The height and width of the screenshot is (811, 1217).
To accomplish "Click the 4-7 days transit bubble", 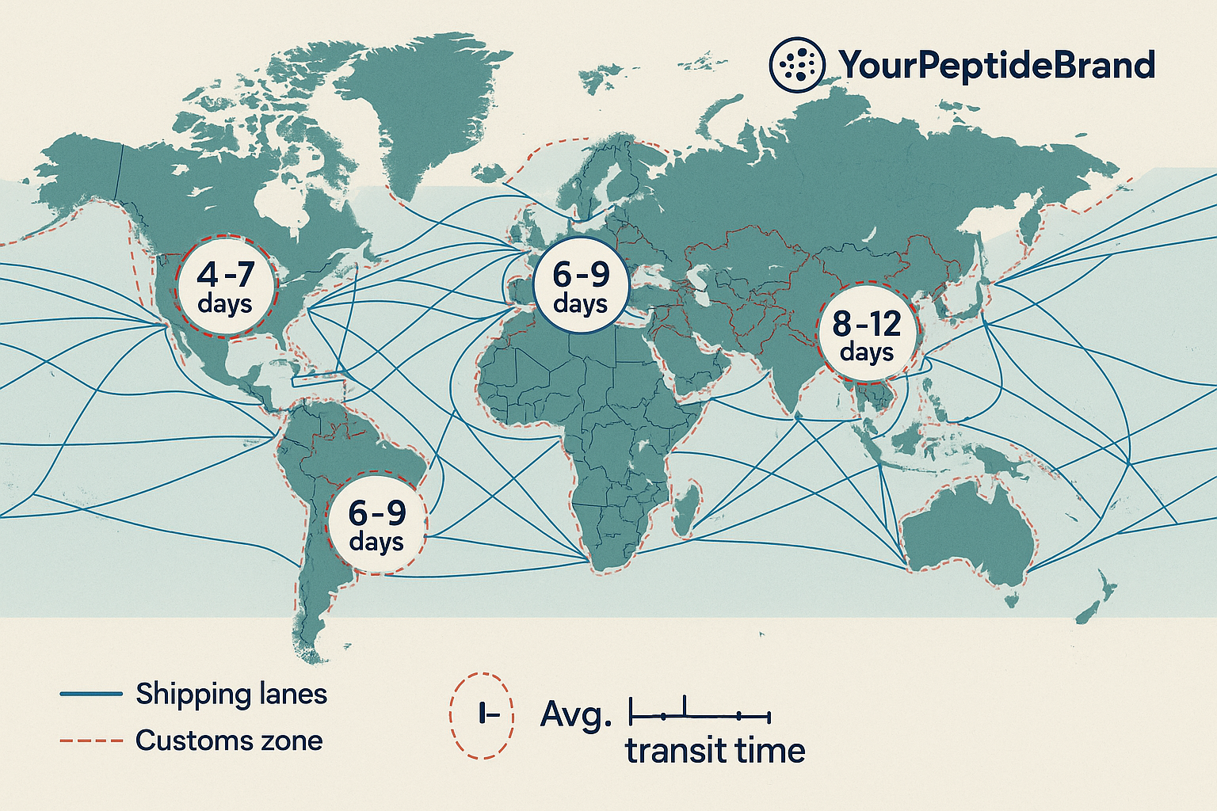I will (225, 286).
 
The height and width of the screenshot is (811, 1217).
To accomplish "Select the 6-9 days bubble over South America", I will (377, 524).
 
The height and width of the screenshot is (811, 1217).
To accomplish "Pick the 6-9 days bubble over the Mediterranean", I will (581, 286).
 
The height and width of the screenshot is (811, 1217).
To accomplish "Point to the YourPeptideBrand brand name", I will (997, 65).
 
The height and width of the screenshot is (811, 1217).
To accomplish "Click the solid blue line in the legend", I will (91, 695).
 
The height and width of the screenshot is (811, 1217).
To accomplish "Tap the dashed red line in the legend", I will (91, 741).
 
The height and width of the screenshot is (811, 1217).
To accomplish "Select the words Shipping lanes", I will (231, 695).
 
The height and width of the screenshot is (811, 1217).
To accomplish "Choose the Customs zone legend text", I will (229, 741).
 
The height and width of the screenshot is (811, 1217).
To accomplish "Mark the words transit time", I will (715, 750).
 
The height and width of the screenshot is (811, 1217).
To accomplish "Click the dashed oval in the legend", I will (482, 715).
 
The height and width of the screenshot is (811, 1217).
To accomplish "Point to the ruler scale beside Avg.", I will (700, 714).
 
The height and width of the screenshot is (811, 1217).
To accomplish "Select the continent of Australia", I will (971, 531).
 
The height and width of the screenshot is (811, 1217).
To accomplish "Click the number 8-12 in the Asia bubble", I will (867, 324).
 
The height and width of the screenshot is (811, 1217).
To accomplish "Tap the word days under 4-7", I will (225, 304).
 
